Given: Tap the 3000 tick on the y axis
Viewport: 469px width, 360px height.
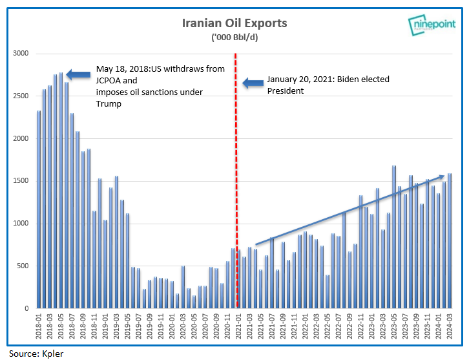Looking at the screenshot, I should pos(22,53).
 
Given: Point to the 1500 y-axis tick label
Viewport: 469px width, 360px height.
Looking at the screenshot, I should pos(22,181).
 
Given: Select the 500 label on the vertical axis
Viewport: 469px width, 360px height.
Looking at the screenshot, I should pos(24,266).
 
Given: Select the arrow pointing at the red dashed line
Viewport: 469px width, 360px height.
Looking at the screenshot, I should pos(253,83).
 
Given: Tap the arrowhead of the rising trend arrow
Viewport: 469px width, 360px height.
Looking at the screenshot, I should pos(442,175).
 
